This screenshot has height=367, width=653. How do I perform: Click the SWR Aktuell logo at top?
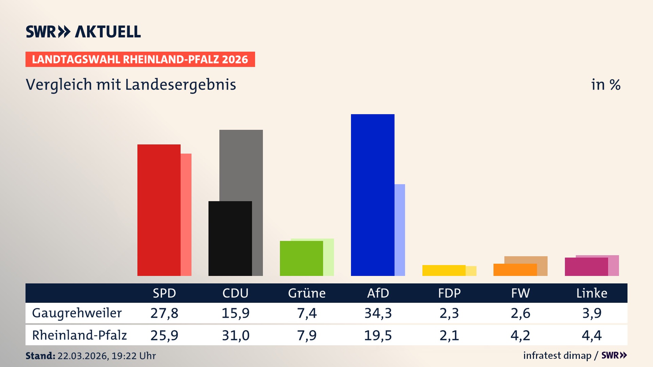point(83,32)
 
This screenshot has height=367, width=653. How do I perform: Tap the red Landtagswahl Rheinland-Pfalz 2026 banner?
point(140,59)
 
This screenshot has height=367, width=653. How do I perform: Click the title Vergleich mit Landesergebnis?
point(131,85)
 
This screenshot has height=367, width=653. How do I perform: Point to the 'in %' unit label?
point(605,85)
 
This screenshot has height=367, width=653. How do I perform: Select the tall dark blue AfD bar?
point(372,195)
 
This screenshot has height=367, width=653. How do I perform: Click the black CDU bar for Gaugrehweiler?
point(230,238)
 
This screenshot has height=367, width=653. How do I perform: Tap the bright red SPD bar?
point(159,210)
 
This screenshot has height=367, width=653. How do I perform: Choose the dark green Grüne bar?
point(301,258)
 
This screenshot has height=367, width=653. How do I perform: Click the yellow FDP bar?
point(444,270)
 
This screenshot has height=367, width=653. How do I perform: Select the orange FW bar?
point(515,270)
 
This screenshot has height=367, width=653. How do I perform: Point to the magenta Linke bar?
point(586,267)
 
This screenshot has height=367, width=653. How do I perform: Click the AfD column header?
point(378,293)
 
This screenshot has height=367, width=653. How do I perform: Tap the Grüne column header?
point(307,293)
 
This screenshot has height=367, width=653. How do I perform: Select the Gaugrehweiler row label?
point(77,313)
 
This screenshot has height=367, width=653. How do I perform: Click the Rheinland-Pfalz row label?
point(79,335)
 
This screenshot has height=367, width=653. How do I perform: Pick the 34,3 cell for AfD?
point(378,313)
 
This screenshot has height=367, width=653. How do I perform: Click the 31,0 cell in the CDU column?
point(236,335)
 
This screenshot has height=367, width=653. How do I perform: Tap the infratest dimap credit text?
point(557,355)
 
